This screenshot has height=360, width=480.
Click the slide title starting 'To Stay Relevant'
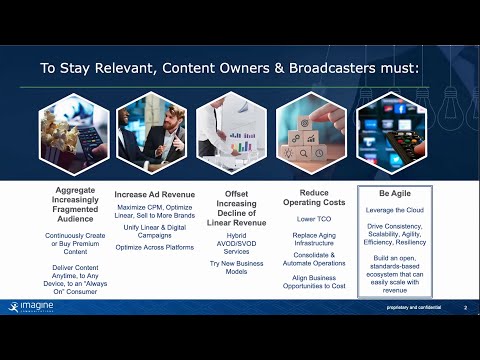pos(239,70)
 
